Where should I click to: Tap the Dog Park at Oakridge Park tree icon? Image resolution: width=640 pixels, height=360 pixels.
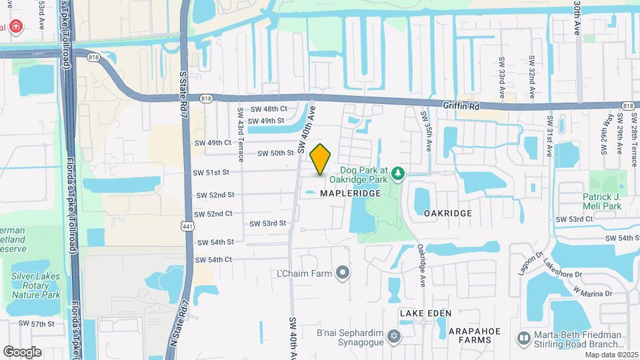(x=399, y=174)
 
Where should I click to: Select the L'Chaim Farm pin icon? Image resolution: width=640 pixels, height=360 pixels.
(x=343, y=272)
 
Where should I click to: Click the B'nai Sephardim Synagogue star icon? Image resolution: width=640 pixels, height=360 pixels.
(x=394, y=335)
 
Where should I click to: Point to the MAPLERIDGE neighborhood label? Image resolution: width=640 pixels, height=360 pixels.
(x=350, y=193)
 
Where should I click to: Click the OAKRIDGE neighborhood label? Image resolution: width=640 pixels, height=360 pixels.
(x=447, y=213)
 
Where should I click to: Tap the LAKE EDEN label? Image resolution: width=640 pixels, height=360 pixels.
(x=425, y=313)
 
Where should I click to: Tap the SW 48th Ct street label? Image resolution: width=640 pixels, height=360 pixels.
(x=268, y=109)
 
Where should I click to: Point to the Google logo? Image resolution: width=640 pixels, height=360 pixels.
(x=22, y=351)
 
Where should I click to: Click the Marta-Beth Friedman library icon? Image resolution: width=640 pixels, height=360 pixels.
(x=524, y=340)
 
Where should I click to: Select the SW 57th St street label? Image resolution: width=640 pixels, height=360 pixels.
(x=36, y=323)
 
